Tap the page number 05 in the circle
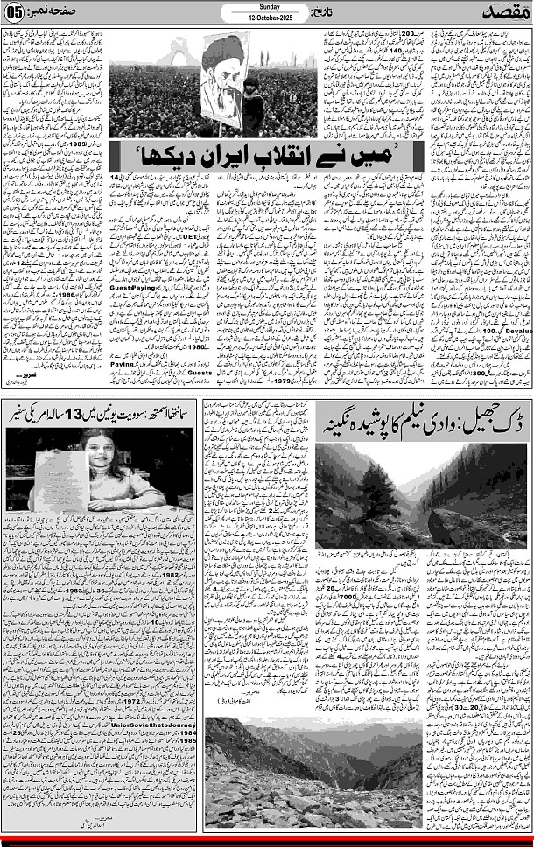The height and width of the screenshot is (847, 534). tap(15, 16)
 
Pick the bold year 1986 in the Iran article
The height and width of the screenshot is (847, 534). tap(79, 296)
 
